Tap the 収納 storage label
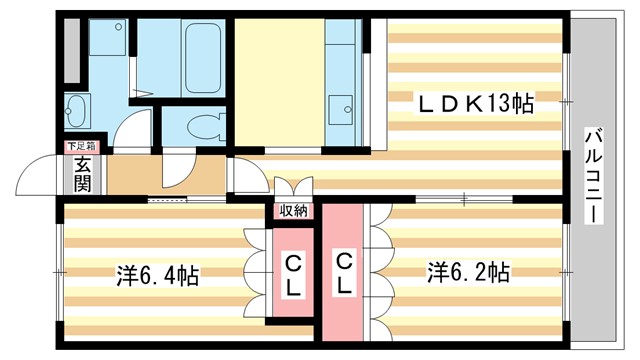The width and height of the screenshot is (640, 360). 293,211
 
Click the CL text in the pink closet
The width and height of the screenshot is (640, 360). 294,273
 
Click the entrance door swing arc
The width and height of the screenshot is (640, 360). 37,180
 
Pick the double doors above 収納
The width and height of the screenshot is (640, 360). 293,190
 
